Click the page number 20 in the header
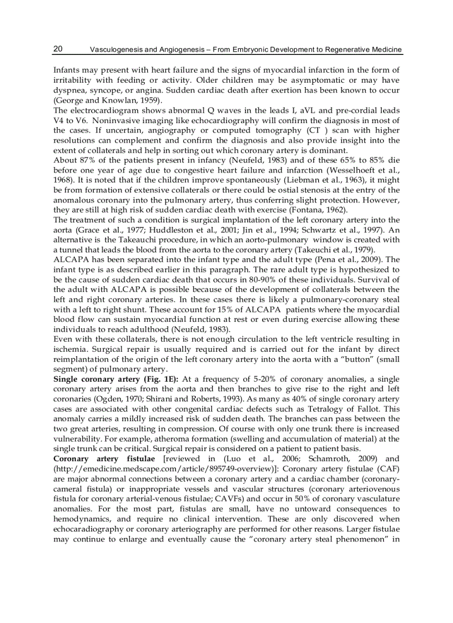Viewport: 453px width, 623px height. coord(58,49)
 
